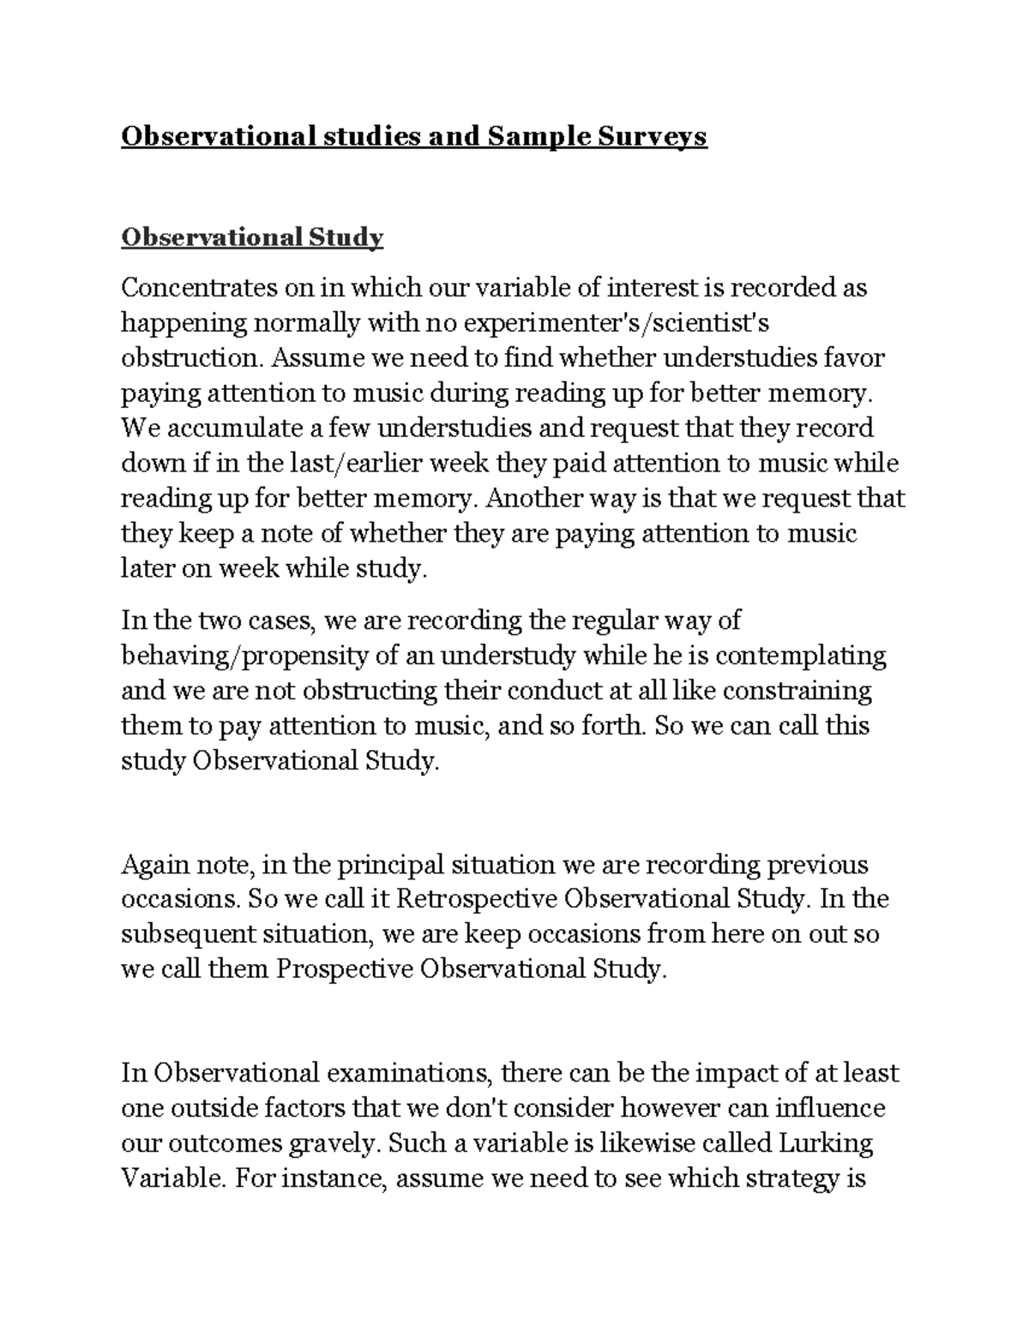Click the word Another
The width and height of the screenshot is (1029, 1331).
tap(536, 498)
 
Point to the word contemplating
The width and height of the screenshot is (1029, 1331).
tap(801, 656)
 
